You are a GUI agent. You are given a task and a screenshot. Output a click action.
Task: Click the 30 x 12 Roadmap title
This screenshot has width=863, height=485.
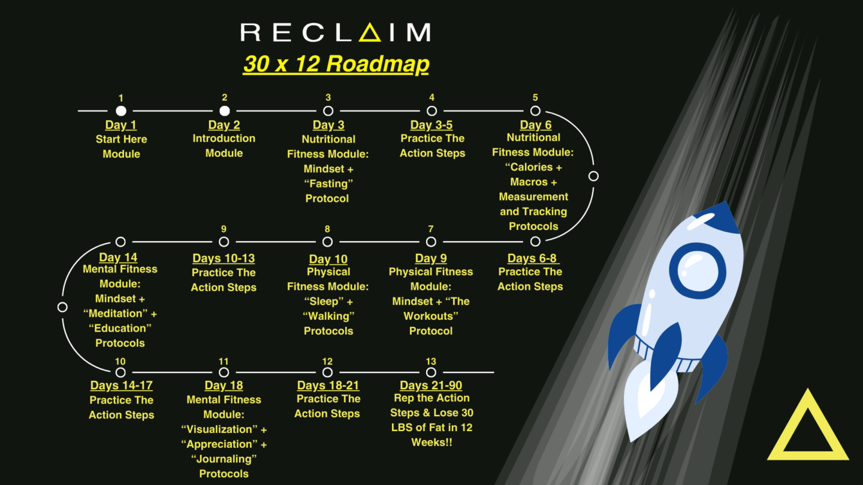click(x=336, y=63)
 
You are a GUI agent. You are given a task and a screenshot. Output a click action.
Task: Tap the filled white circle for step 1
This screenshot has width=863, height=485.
click(x=121, y=111)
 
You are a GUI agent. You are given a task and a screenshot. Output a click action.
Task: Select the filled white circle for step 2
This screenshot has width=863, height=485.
click(x=225, y=111)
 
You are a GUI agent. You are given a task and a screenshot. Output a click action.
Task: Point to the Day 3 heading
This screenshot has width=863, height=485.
click(x=328, y=125)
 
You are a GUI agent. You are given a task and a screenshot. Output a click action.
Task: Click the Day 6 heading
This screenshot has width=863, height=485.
click(x=536, y=125)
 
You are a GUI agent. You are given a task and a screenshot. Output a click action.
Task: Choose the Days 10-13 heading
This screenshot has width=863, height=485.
click(x=224, y=258)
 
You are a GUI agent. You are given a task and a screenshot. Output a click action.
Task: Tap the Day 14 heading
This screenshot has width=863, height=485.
click(x=118, y=257)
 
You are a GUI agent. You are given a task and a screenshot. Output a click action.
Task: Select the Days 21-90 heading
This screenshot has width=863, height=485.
click(x=431, y=385)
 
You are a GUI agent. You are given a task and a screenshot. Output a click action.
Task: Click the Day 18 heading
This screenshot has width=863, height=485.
click(x=224, y=386)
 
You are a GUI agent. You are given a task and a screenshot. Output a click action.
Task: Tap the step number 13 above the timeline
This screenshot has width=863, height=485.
click(x=431, y=362)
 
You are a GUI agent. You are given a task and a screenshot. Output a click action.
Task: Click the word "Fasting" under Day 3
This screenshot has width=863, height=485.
click(x=328, y=184)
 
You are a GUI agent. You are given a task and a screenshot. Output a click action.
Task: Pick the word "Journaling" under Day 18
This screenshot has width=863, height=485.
click(x=224, y=459)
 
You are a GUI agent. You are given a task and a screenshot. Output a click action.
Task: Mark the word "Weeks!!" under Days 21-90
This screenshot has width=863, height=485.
click(x=431, y=442)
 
